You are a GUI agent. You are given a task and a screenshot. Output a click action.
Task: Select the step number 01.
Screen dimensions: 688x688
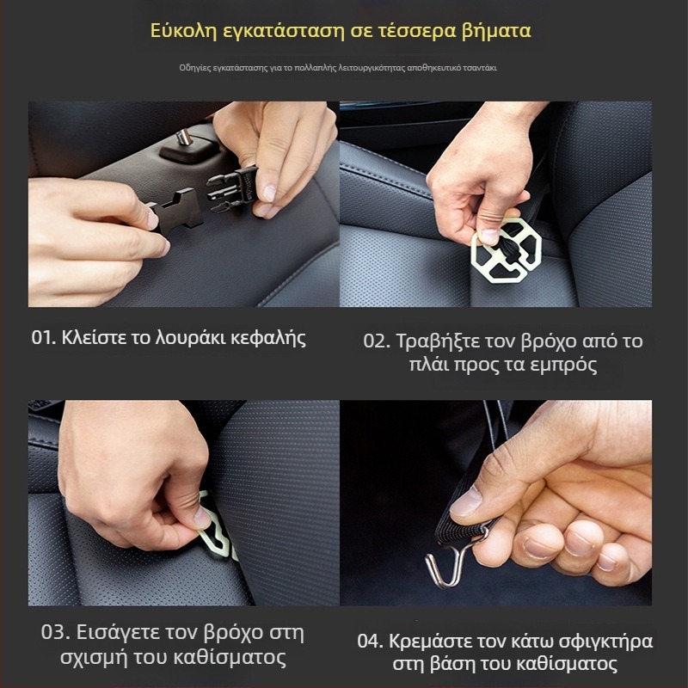(x=43, y=338)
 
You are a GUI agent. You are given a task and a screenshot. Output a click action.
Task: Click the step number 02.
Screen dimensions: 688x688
(x=376, y=341)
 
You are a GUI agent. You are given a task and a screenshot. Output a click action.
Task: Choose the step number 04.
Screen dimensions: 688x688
(x=371, y=642)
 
